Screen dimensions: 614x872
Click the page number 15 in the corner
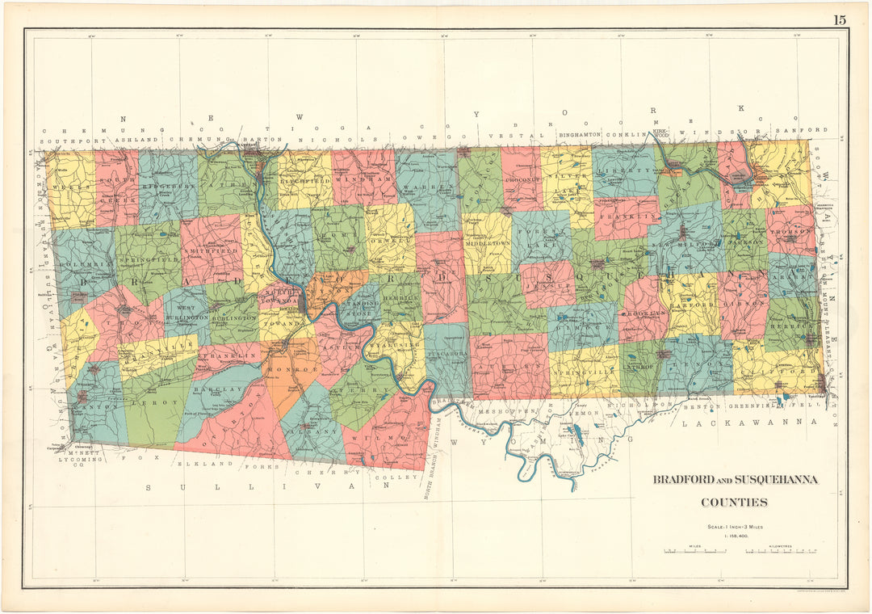(x=840, y=20)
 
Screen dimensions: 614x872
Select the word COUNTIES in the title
(x=734, y=503)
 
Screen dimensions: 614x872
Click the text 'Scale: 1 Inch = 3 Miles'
(x=734, y=526)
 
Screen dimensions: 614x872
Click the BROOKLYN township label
(x=644, y=311)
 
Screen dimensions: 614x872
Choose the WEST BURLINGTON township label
(x=187, y=313)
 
